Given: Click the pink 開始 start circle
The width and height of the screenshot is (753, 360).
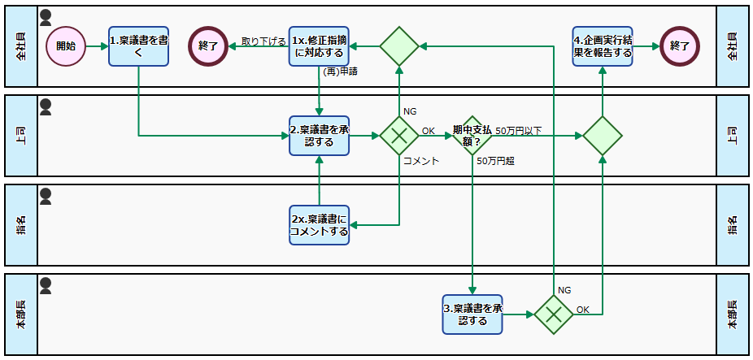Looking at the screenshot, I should click(x=66, y=46).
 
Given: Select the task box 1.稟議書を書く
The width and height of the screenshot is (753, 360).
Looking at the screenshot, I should click(x=138, y=46).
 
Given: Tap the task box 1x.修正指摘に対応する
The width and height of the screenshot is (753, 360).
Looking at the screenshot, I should click(x=319, y=46).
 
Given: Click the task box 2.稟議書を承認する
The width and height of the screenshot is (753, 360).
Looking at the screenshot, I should click(x=319, y=136).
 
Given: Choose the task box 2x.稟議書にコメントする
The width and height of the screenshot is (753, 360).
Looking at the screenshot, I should click(x=319, y=225).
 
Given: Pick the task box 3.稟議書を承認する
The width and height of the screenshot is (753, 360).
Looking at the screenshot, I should click(x=472, y=314).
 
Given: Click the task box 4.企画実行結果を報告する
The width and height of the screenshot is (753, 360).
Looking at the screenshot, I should click(x=602, y=46).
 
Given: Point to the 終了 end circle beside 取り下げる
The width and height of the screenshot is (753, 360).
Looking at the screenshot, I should click(x=208, y=46).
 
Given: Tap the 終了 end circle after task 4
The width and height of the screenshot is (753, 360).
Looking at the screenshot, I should click(x=680, y=46).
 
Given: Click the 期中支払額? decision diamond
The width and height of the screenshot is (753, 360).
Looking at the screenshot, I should click(x=472, y=136).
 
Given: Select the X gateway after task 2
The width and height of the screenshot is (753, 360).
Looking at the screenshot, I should click(x=398, y=136).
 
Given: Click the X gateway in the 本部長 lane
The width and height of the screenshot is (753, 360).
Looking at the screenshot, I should click(x=554, y=314).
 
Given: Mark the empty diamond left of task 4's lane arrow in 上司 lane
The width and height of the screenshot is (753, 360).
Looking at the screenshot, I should click(x=602, y=136).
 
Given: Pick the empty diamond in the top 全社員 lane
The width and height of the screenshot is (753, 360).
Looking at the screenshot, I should click(x=398, y=46).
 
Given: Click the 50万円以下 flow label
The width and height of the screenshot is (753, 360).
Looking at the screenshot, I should click(x=518, y=131).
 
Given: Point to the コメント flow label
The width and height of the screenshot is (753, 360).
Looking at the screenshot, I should click(x=421, y=161).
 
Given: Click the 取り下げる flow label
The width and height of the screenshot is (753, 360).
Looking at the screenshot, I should click(x=263, y=41).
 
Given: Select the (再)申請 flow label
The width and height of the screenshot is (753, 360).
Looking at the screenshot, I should click(x=340, y=72).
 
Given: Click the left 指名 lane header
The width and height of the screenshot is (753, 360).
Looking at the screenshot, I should click(x=21, y=225).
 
